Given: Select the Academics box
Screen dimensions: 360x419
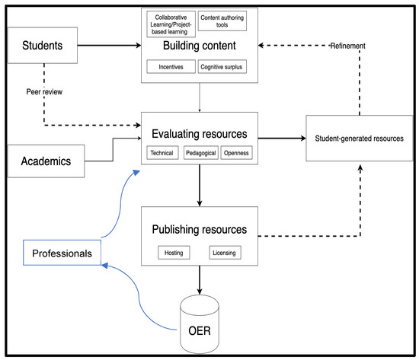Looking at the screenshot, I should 46,161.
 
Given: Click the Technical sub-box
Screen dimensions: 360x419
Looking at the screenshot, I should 162,153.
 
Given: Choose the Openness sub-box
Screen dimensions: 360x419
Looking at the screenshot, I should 237,153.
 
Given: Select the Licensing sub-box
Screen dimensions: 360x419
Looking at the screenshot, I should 225,252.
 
